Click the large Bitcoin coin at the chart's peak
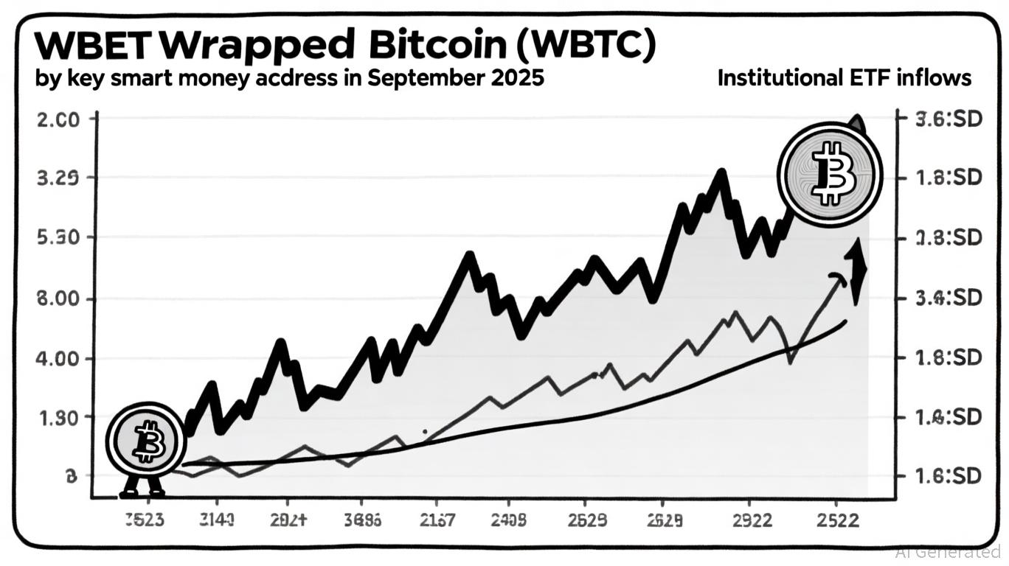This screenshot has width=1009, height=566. pyautogui.click(x=830, y=175)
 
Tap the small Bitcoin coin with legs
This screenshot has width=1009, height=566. pyautogui.click(x=145, y=441)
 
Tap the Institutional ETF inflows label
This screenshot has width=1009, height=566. pyautogui.click(x=844, y=78)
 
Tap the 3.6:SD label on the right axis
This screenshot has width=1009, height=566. pyautogui.click(x=949, y=119)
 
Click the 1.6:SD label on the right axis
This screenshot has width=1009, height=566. pyautogui.click(x=949, y=476)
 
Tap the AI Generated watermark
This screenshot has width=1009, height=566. pyautogui.click(x=948, y=551)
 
